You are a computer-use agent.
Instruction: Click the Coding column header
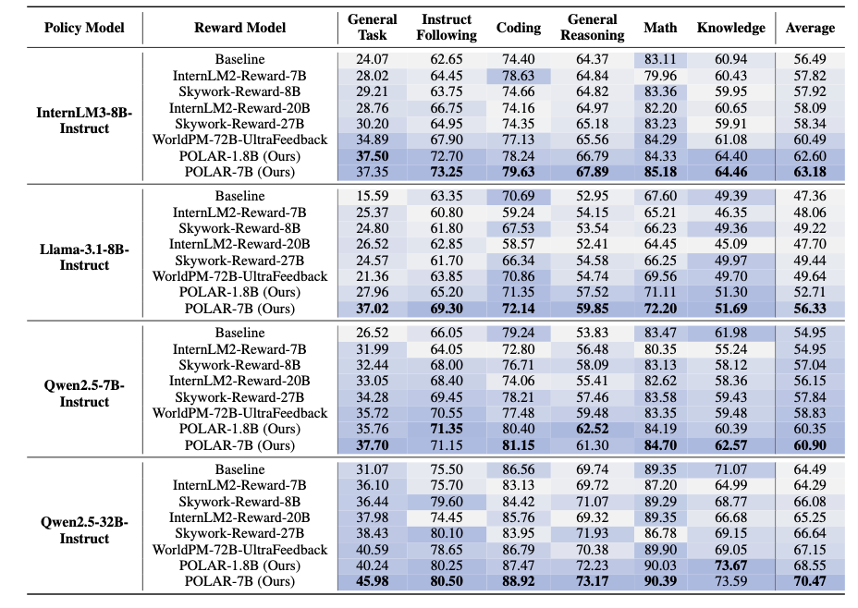[518, 28]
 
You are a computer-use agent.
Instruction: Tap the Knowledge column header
[731, 28]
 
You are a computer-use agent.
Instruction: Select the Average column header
[810, 28]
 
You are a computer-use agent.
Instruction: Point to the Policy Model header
[84, 28]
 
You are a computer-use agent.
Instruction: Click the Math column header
[660, 28]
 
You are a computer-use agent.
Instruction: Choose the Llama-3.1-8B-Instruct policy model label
[84, 258]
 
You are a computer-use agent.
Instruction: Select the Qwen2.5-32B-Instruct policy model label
[84, 530]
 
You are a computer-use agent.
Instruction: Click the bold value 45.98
[372, 582]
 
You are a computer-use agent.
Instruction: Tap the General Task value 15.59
[372, 196]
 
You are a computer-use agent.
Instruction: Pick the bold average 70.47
[810, 582]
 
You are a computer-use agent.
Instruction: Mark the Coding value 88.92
[518, 582]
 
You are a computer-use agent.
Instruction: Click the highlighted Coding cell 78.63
[518, 76]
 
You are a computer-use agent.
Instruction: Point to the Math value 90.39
[660, 582]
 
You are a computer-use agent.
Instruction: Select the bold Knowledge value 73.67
[731, 565]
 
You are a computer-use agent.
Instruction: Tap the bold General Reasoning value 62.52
[592, 430]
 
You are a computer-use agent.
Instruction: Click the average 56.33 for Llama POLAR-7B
[810, 309]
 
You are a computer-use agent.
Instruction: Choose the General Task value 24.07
[372, 59]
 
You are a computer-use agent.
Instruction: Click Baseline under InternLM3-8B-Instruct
[239, 59]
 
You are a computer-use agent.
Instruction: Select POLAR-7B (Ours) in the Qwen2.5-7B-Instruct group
[239, 445]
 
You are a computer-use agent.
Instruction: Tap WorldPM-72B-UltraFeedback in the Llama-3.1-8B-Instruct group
[239, 276]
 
